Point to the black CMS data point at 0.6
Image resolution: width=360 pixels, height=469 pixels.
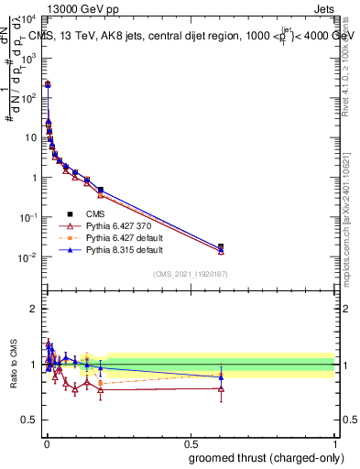(220, 246)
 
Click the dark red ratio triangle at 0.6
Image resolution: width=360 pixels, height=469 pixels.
(220, 388)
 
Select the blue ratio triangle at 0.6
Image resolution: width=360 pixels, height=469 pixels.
(220, 376)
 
